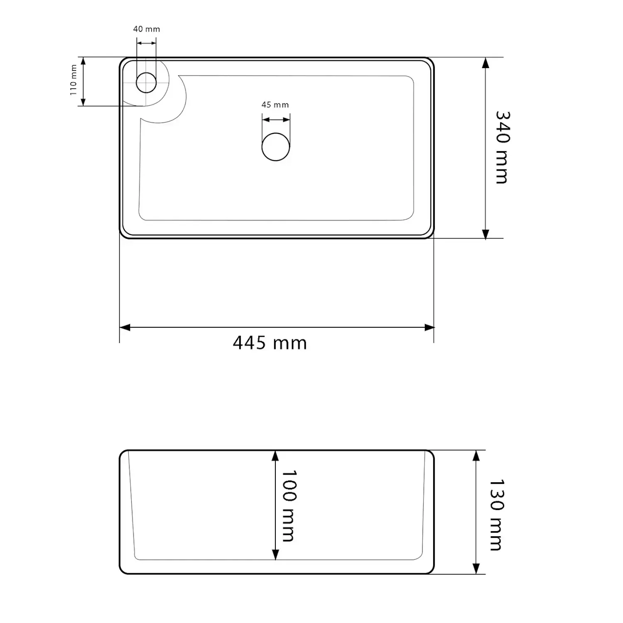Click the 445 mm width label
pyautogui.click(x=270, y=343)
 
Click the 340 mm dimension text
pyautogui.click(x=503, y=147)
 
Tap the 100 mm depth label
pyautogui.click(x=288, y=506)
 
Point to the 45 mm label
pyautogui.click(x=275, y=105)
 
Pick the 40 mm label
pyautogui.click(x=147, y=29)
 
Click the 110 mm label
pyautogui.click(x=74, y=80)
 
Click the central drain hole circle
pyautogui.click(x=276, y=147)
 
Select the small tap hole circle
pyautogui.click(x=146, y=82)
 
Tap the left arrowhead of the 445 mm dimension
pyautogui.click(x=125, y=328)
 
